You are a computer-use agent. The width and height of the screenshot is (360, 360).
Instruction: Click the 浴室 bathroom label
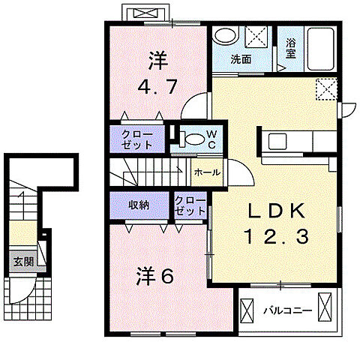click(291, 47)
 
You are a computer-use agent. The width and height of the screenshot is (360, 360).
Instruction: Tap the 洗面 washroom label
click(240, 59)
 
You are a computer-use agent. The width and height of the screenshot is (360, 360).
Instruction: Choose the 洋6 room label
click(154, 277)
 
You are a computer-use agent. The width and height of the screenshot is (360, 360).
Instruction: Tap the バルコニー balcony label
click(282, 309)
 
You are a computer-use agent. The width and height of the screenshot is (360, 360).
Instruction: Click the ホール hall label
click(207, 172)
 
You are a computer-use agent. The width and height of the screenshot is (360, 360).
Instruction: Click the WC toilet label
click(211, 139)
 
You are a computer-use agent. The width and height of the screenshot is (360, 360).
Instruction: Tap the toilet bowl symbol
click(193, 138)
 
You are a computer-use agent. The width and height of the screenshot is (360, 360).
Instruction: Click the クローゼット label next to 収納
click(190, 206)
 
